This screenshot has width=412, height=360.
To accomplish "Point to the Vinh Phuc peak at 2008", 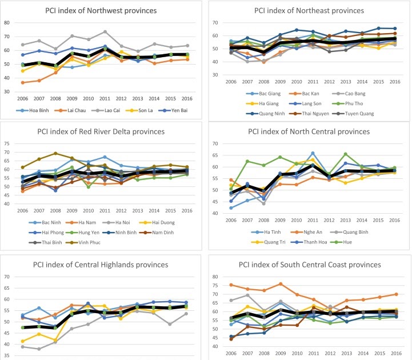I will tap(55, 153).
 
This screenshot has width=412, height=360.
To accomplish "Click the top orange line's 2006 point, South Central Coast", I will tap(231, 285).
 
